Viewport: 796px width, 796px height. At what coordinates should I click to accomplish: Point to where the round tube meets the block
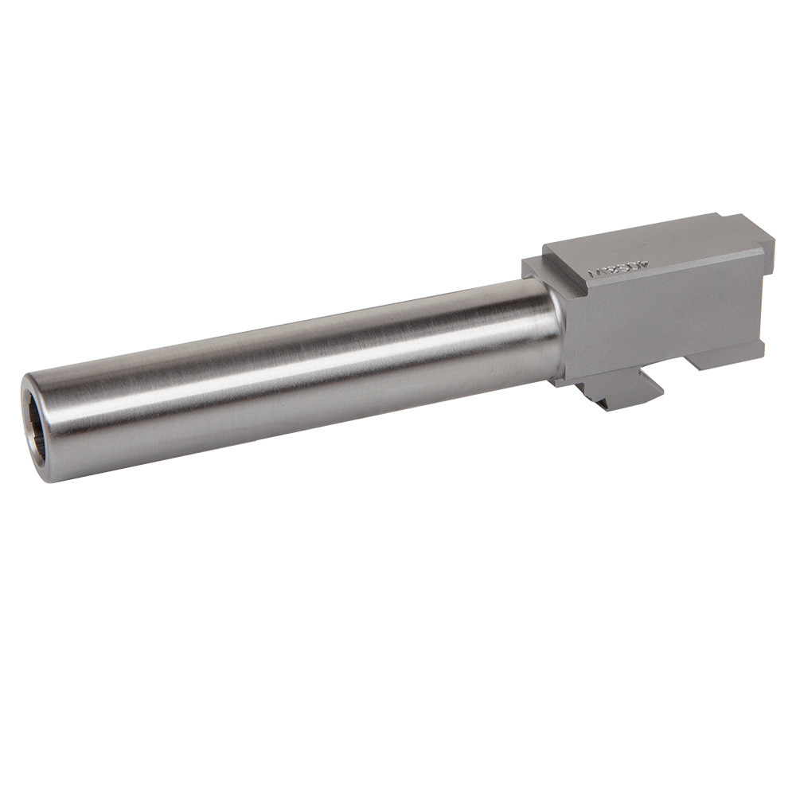click(557, 334)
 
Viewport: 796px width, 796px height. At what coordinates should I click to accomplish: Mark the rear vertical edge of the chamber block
click(764, 302)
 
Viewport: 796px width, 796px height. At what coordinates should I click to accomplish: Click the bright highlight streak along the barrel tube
click(318, 350)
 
